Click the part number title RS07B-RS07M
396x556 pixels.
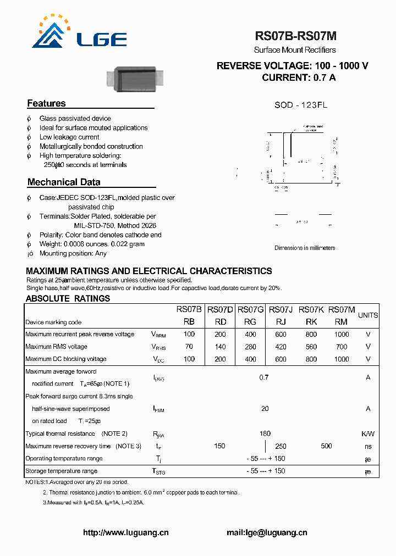click(x=295, y=36)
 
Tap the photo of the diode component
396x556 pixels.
click(x=137, y=79)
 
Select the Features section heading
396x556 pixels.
click(x=46, y=104)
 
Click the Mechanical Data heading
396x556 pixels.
click(x=64, y=182)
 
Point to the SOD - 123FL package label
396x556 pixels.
click(x=301, y=105)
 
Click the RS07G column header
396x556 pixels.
click(x=250, y=310)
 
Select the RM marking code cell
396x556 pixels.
click(x=341, y=322)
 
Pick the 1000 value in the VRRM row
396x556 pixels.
click(x=341, y=334)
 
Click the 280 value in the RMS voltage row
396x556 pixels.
click(x=250, y=347)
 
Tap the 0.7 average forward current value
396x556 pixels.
click(x=264, y=377)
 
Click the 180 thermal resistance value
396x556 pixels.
click(x=265, y=433)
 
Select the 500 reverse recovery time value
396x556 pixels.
click(x=326, y=446)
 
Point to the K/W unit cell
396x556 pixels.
click(x=368, y=434)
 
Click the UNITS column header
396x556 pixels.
click(x=368, y=315)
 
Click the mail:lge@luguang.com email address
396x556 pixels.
click(x=267, y=532)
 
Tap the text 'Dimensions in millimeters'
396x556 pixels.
click(x=305, y=248)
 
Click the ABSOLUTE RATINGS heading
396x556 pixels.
click(x=68, y=299)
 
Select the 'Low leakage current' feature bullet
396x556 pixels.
click(x=69, y=137)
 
